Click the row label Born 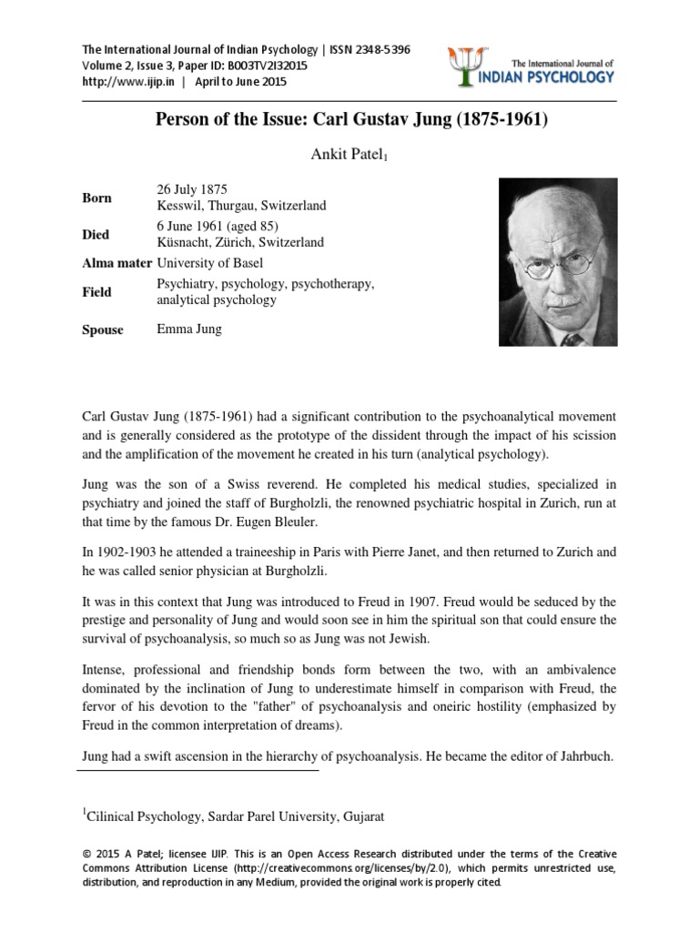(96, 198)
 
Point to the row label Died (96, 234)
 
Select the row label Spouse (103, 329)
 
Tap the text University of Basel (211, 264)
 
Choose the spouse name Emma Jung (189, 329)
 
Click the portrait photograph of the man (558, 260)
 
